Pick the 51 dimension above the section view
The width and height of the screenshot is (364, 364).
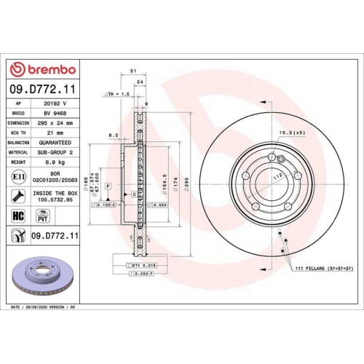[x=132, y=71]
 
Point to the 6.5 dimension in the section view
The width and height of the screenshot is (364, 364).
[x=114, y=135]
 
